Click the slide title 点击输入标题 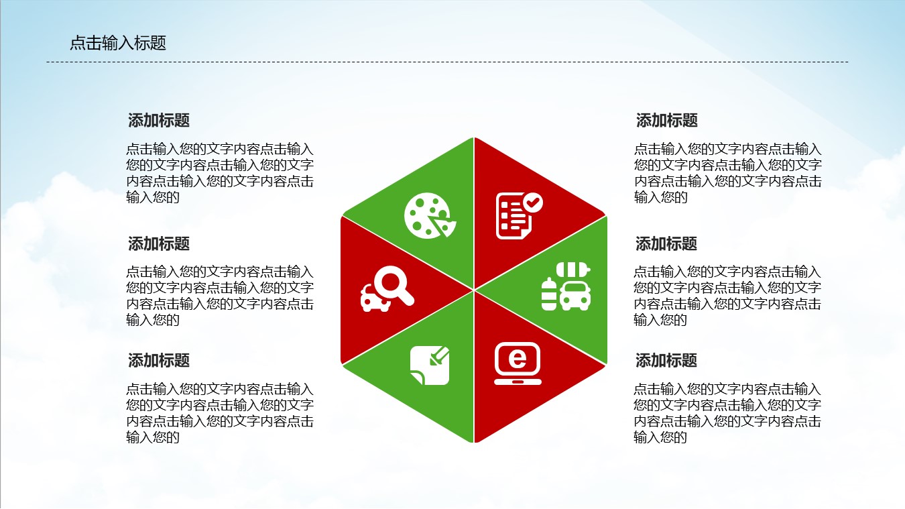[118, 44]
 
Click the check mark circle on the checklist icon [533, 202]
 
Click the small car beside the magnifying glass [375, 299]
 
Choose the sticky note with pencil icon [430, 365]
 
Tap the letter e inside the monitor [518, 359]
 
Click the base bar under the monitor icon [518, 382]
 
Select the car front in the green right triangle [576, 295]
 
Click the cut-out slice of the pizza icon [443, 227]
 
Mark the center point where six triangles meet [474, 290]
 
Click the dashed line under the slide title [447, 62]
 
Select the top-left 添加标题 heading [159, 121]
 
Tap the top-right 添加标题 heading [667, 121]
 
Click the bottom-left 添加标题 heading [159, 361]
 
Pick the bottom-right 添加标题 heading [666, 361]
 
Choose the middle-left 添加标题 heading [159, 244]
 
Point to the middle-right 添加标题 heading [666, 244]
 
